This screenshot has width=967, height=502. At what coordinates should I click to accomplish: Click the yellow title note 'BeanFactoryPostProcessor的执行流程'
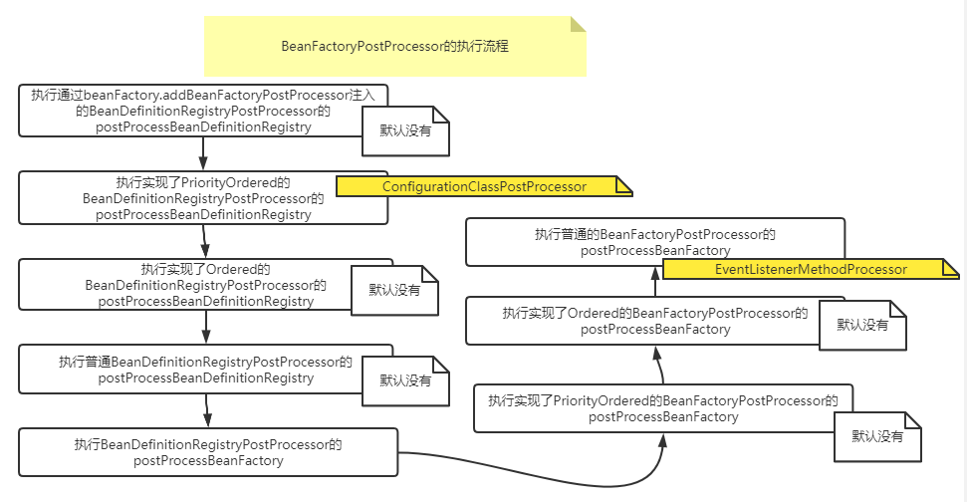click(x=395, y=46)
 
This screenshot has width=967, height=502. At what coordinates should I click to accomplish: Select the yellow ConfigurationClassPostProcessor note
click(x=484, y=186)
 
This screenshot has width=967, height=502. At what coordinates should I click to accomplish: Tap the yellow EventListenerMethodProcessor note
click(x=811, y=269)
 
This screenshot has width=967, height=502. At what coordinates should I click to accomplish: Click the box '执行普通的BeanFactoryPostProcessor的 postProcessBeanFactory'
click(x=654, y=242)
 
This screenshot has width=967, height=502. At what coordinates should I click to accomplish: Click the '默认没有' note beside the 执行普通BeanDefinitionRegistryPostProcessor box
click(x=406, y=380)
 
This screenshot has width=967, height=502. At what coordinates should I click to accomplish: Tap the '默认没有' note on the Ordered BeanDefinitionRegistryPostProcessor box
click(x=394, y=291)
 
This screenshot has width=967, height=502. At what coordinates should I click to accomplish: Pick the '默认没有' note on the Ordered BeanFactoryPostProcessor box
click(x=862, y=325)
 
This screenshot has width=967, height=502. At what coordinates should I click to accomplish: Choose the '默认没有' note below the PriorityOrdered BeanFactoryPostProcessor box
click(x=877, y=436)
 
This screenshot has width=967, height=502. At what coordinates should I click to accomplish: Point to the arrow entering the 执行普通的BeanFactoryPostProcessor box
click(x=655, y=282)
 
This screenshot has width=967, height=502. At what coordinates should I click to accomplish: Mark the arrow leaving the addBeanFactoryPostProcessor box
click(x=203, y=153)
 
